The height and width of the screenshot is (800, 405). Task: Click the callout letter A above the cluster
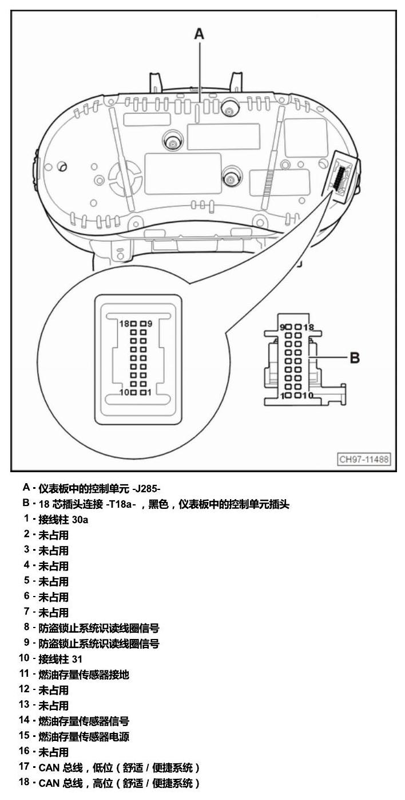[199, 34]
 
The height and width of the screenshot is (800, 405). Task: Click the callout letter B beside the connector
[355, 358]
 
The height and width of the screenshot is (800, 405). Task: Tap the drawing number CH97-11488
[364, 459]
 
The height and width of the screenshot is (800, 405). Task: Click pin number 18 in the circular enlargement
[124, 324]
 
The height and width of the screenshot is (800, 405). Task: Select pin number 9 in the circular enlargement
[150, 324]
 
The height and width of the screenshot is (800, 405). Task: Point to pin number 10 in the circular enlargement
[124, 392]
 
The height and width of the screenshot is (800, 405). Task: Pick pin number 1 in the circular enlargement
[149, 392]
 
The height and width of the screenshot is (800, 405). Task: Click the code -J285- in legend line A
[146, 488]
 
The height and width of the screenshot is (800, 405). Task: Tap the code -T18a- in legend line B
[121, 504]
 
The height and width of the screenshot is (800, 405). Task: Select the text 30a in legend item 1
[80, 520]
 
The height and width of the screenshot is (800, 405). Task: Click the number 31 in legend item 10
[77, 659]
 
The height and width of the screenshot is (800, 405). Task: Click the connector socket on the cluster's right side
[341, 176]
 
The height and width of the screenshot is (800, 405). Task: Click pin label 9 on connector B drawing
[282, 327]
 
